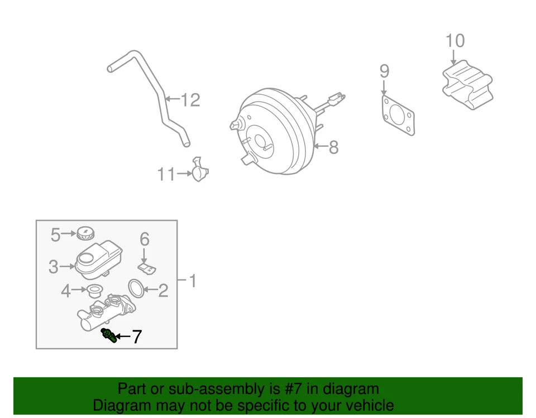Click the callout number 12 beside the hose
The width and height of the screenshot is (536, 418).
pos(190,100)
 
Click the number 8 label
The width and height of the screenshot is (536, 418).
pos(333,147)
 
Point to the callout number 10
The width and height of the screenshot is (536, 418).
pos(455,41)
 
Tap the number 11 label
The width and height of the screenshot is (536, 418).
pos(166,175)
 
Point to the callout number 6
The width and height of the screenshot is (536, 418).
pos(145,239)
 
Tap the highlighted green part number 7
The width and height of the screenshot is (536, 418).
pos(109,335)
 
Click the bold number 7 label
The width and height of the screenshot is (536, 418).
pos(137,337)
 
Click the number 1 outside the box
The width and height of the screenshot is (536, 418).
pos(192,281)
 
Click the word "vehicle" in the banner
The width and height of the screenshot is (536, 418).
pos(365,405)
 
